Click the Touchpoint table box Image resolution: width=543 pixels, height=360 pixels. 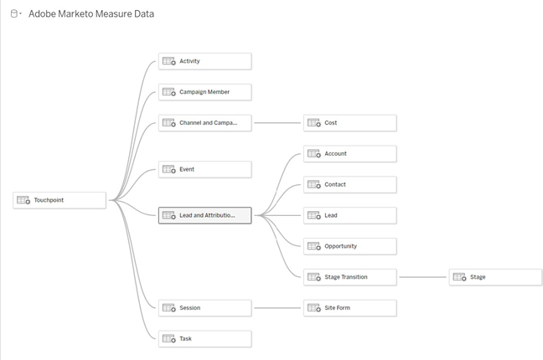[x=59, y=200]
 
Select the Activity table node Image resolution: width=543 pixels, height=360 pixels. [x=204, y=61]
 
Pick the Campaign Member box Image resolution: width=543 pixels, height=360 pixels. [x=204, y=92]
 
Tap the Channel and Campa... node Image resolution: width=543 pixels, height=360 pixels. [x=204, y=123]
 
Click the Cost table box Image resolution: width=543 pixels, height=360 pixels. [x=349, y=123]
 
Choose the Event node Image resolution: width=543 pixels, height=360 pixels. [x=204, y=169]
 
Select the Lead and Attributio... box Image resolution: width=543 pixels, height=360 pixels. [x=204, y=215]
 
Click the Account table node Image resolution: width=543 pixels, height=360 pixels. [x=349, y=154]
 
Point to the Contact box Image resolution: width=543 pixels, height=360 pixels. [x=349, y=184]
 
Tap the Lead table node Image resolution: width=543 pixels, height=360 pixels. [x=349, y=215]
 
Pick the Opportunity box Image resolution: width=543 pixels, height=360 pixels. [x=349, y=246]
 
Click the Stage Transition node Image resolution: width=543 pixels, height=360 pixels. [x=349, y=277]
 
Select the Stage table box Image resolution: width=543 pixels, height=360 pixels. [x=495, y=277]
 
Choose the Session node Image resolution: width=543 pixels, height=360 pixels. [x=204, y=308]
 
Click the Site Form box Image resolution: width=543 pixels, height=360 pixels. [x=349, y=308]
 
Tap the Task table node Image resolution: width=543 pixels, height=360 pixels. [x=204, y=339]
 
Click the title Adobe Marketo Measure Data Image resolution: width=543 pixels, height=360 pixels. [x=91, y=14]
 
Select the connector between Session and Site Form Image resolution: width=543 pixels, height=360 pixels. [x=277, y=308]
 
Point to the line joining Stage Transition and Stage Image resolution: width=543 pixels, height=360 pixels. [x=423, y=277]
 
